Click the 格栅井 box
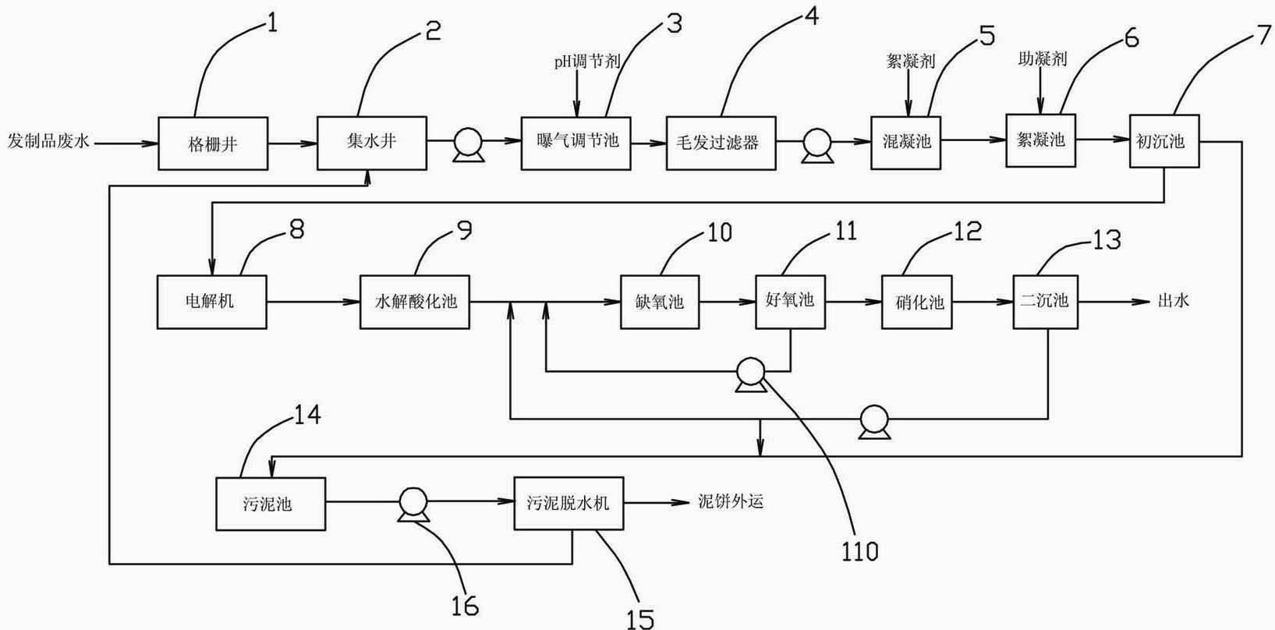pos(213,143)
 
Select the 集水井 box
pos(372,143)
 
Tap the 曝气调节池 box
pos(576,143)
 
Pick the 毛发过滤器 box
pos(721,143)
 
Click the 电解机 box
pos(212,302)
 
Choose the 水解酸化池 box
pos(415,302)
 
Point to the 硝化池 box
pos(917,302)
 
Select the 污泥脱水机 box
pos(568,503)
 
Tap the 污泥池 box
pos(271,504)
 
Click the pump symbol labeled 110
pos(750,374)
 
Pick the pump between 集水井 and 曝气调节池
pos(469,145)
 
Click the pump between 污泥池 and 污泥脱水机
pos(413,504)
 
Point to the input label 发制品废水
pos(48,140)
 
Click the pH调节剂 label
pos(587,61)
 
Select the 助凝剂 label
pos(1042,58)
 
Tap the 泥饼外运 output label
pos(731,501)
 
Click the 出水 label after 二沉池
pos(1173,300)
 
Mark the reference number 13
pos(1107,240)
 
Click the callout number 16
pos(465,607)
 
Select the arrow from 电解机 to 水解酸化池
pos(313,303)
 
